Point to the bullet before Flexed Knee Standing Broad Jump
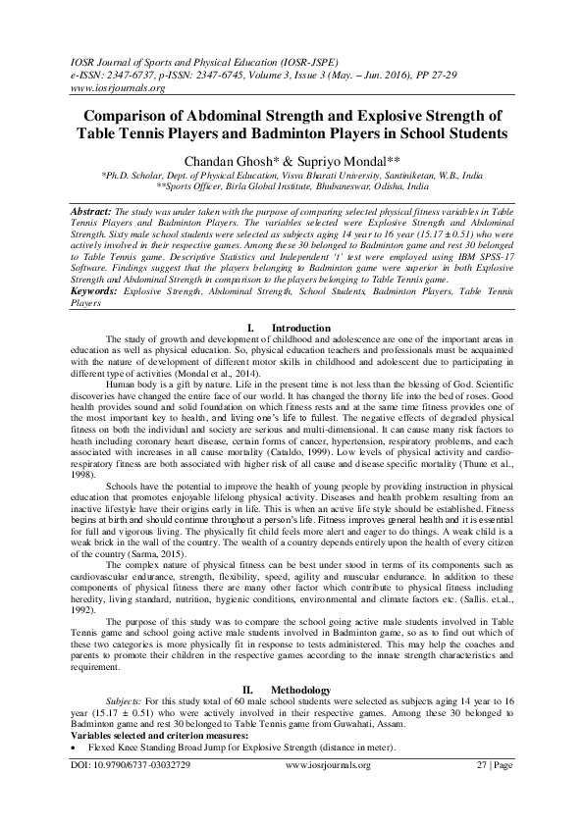(x=76, y=749)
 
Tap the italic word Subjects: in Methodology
(x=125, y=703)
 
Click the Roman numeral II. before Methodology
(x=250, y=691)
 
